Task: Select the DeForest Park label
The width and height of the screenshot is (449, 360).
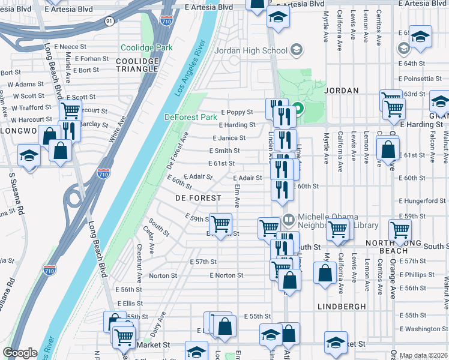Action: (190, 118)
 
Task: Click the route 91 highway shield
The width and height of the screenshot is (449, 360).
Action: (109, 21)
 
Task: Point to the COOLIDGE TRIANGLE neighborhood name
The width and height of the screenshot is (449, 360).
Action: (137, 65)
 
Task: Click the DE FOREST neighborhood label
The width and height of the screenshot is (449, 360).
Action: (195, 197)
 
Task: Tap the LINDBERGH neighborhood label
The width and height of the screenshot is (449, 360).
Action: (342, 306)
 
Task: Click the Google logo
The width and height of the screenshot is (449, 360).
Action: (20, 353)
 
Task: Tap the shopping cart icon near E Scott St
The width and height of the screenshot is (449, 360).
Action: (71, 110)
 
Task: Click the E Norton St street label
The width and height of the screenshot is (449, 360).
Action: (226, 275)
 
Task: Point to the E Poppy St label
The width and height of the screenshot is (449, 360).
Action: (237, 112)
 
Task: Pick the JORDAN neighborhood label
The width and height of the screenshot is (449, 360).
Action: (342, 91)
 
